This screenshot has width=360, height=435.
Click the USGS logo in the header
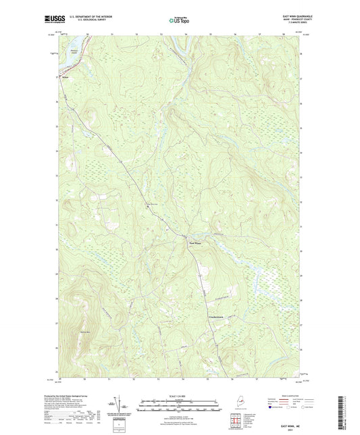[x=50, y=20]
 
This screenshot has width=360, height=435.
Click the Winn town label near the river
[x=66, y=77]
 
